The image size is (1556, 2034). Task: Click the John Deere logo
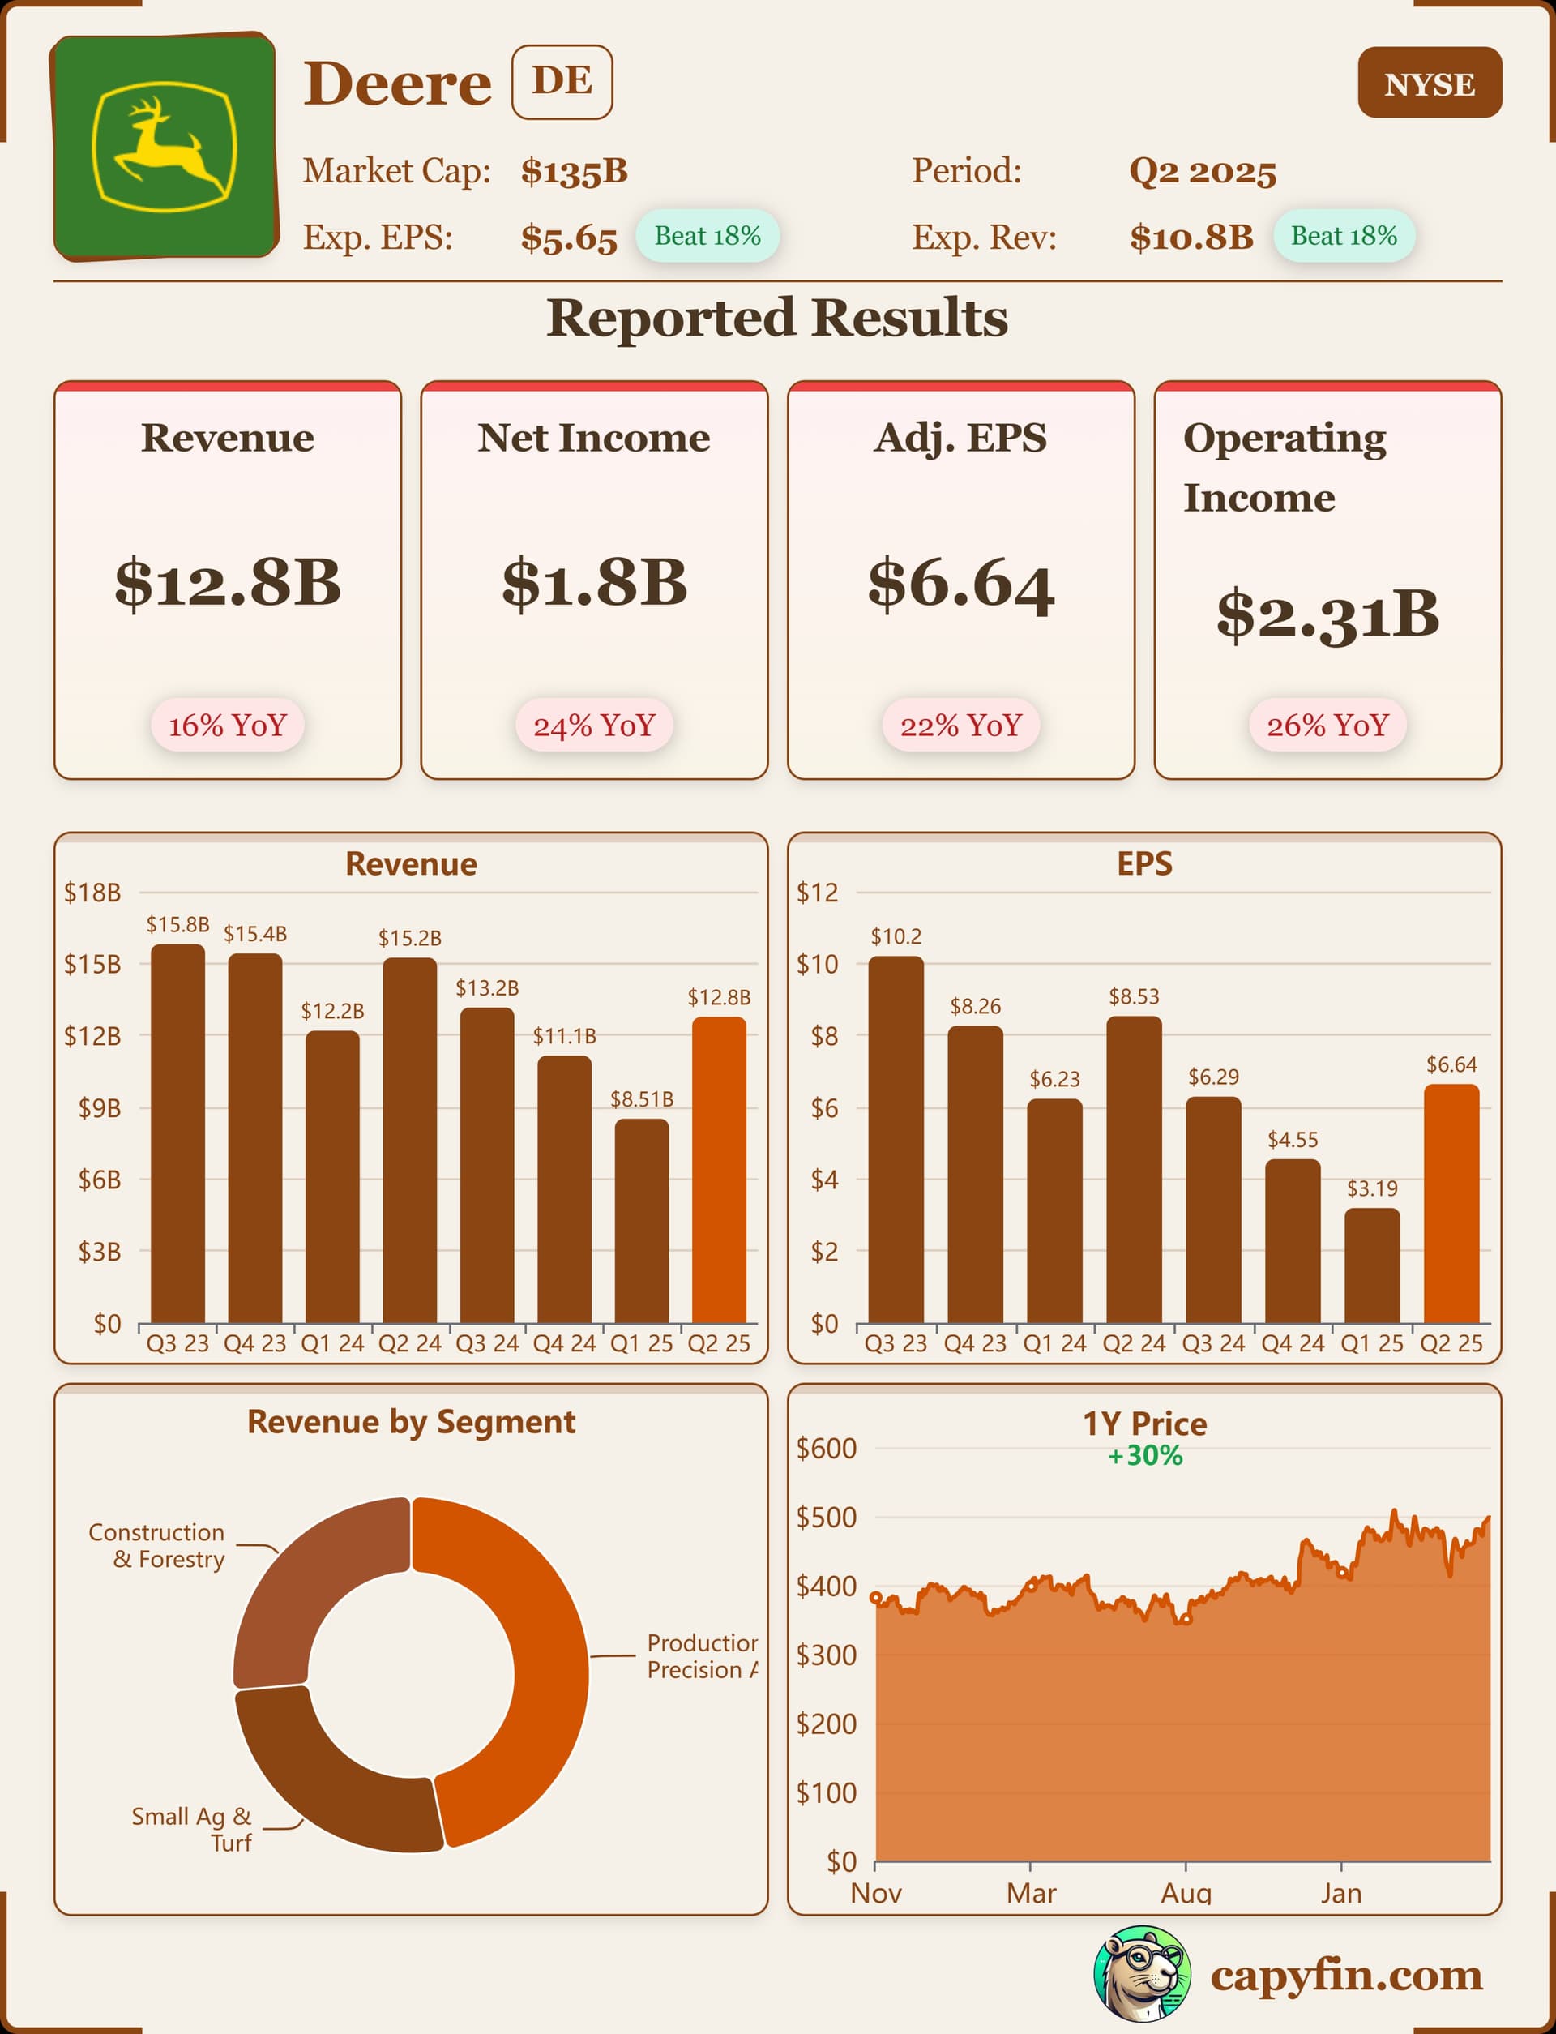click(x=165, y=147)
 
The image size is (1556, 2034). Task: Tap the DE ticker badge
click(x=562, y=82)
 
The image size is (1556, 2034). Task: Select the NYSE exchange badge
click(x=1429, y=84)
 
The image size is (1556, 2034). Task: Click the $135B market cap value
click(x=575, y=171)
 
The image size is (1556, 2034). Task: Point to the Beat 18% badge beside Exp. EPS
click(x=707, y=236)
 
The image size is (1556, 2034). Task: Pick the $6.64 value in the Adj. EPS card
click(x=960, y=585)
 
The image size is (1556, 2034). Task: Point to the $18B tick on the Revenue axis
click(x=92, y=893)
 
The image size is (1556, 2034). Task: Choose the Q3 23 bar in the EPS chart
click(x=896, y=1139)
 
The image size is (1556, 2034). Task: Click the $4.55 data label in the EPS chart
click(x=1292, y=1139)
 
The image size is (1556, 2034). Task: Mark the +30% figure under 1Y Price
click(x=1145, y=1456)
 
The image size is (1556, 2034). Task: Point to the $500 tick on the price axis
click(x=826, y=1517)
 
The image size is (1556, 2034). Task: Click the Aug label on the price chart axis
click(x=1186, y=1892)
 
